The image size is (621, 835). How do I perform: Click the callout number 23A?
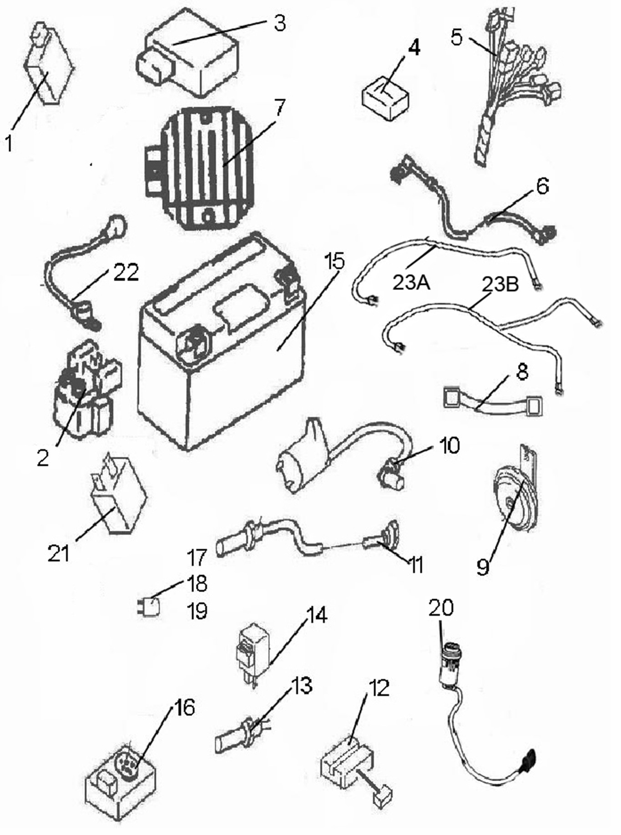(x=411, y=283)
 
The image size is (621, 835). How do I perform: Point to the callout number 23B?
(x=500, y=285)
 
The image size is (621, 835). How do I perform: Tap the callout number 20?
(x=440, y=608)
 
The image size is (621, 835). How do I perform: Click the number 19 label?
(x=197, y=611)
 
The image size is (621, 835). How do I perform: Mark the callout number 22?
(x=125, y=273)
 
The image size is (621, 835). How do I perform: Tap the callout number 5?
(x=456, y=37)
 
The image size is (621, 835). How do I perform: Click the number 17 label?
(x=197, y=558)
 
